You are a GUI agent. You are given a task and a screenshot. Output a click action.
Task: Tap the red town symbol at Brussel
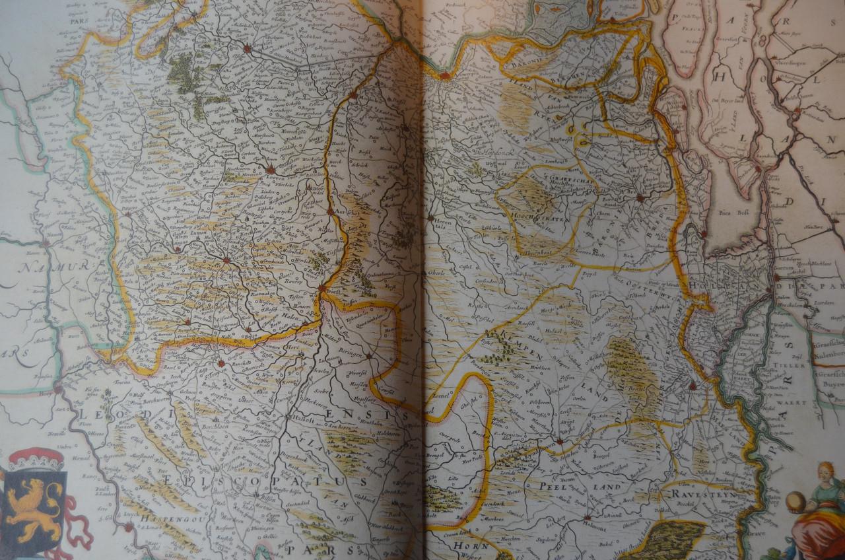click(248, 48)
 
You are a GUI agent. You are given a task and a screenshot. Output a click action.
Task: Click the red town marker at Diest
click(322, 288)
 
